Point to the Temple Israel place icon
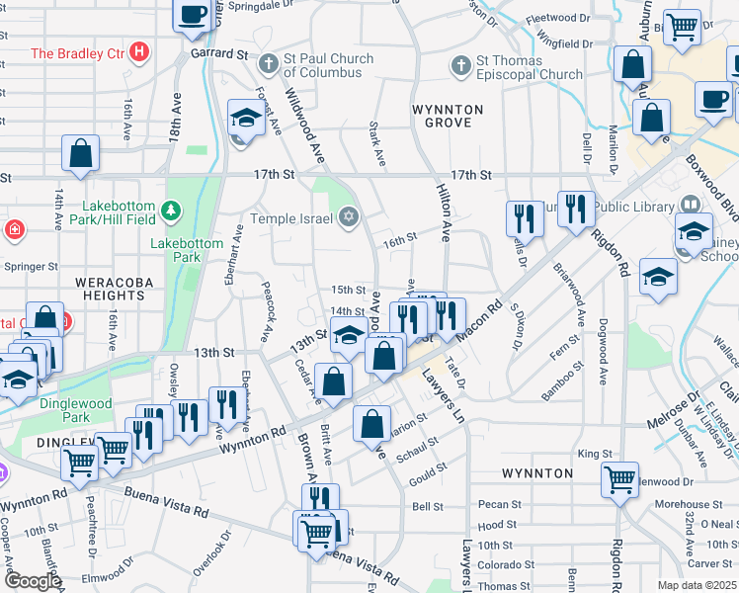347,217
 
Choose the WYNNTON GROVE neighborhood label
448,117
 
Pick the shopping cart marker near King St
619,478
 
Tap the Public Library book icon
691,205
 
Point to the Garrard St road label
217,55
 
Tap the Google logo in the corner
32,581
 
